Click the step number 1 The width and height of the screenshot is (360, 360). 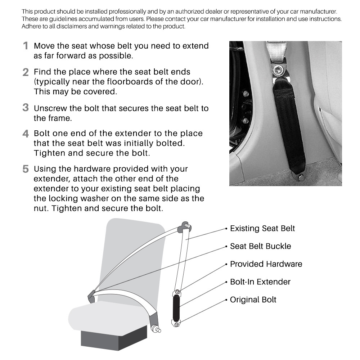coord(26,46)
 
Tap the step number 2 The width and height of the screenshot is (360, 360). coord(26,72)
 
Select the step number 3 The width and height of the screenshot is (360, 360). coord(26,108)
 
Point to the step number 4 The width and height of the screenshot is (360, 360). coord(26,134)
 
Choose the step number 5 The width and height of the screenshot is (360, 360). coord(26,169)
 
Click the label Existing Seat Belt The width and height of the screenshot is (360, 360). coord(262,229)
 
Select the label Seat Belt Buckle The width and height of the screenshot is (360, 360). coord(260,246)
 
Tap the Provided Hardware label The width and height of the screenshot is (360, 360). coord(266,264)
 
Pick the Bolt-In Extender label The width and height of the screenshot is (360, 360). coord(260,282)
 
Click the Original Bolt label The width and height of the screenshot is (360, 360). coord(253,300)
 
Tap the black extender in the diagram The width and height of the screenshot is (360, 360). coord(177,308)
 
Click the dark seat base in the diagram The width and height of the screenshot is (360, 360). coord(112,338)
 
